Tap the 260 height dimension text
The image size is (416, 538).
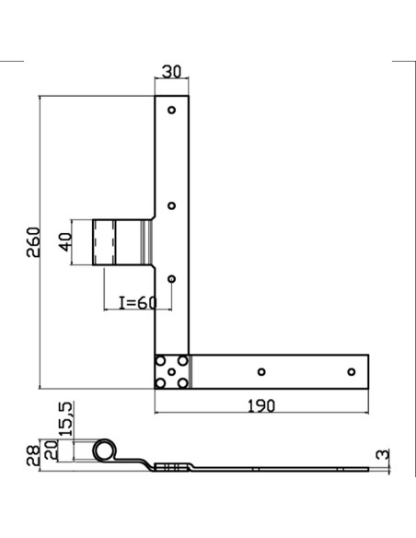click(x=33, y=242)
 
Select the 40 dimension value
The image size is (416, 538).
click(x=65, y=242)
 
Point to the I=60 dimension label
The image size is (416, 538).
click(x=138, y=302)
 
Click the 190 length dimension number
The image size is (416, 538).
click(x=261, y=406)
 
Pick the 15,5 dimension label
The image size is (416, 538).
click(x=65, y=419)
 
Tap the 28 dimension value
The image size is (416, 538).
click(x=32, y=456)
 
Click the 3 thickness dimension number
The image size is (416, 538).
click(x=383, y=454)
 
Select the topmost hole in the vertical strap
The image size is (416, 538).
click(x=172, y=110)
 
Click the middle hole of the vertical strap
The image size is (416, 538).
click(x=172, y=205)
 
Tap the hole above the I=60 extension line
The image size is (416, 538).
click(x=172, y=279)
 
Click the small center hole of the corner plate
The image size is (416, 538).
click(x=172, y=372)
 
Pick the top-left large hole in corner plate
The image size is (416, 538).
click(x=160, y=361)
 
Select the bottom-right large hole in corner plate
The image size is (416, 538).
click(x=183, y=383)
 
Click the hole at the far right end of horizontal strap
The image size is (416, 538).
click(x=352, y=372)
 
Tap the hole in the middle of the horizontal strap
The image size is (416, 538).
click(x=261, y=372)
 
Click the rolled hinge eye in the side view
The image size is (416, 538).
click(x=94, y=450)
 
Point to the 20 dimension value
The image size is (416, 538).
click(x=52, y=450)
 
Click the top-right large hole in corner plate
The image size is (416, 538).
click(x=183, y=361)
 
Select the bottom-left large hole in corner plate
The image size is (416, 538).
click(x=160, y=383)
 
